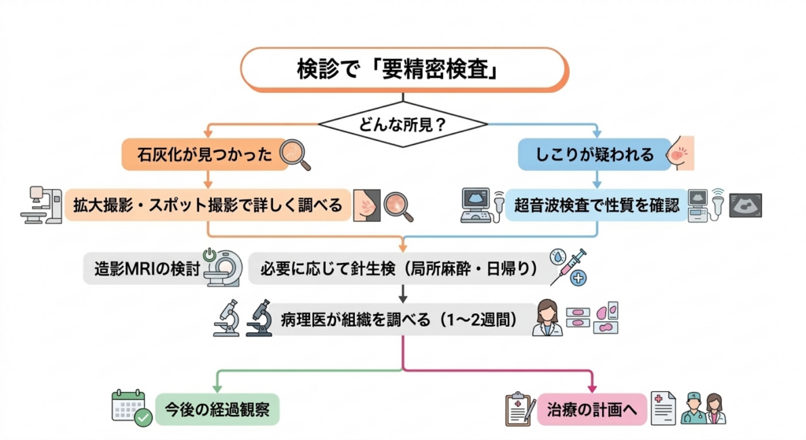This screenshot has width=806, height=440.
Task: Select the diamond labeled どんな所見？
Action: coord(402,124)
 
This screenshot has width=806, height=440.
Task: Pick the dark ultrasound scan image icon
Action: coord(746,205)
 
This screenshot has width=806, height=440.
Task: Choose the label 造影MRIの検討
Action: coord(142,268)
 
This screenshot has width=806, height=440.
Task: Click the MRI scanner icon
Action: coord(222,268)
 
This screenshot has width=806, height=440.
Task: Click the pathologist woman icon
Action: coord(548,318)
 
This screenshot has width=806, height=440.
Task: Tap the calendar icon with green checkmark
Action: coord(131,408)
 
